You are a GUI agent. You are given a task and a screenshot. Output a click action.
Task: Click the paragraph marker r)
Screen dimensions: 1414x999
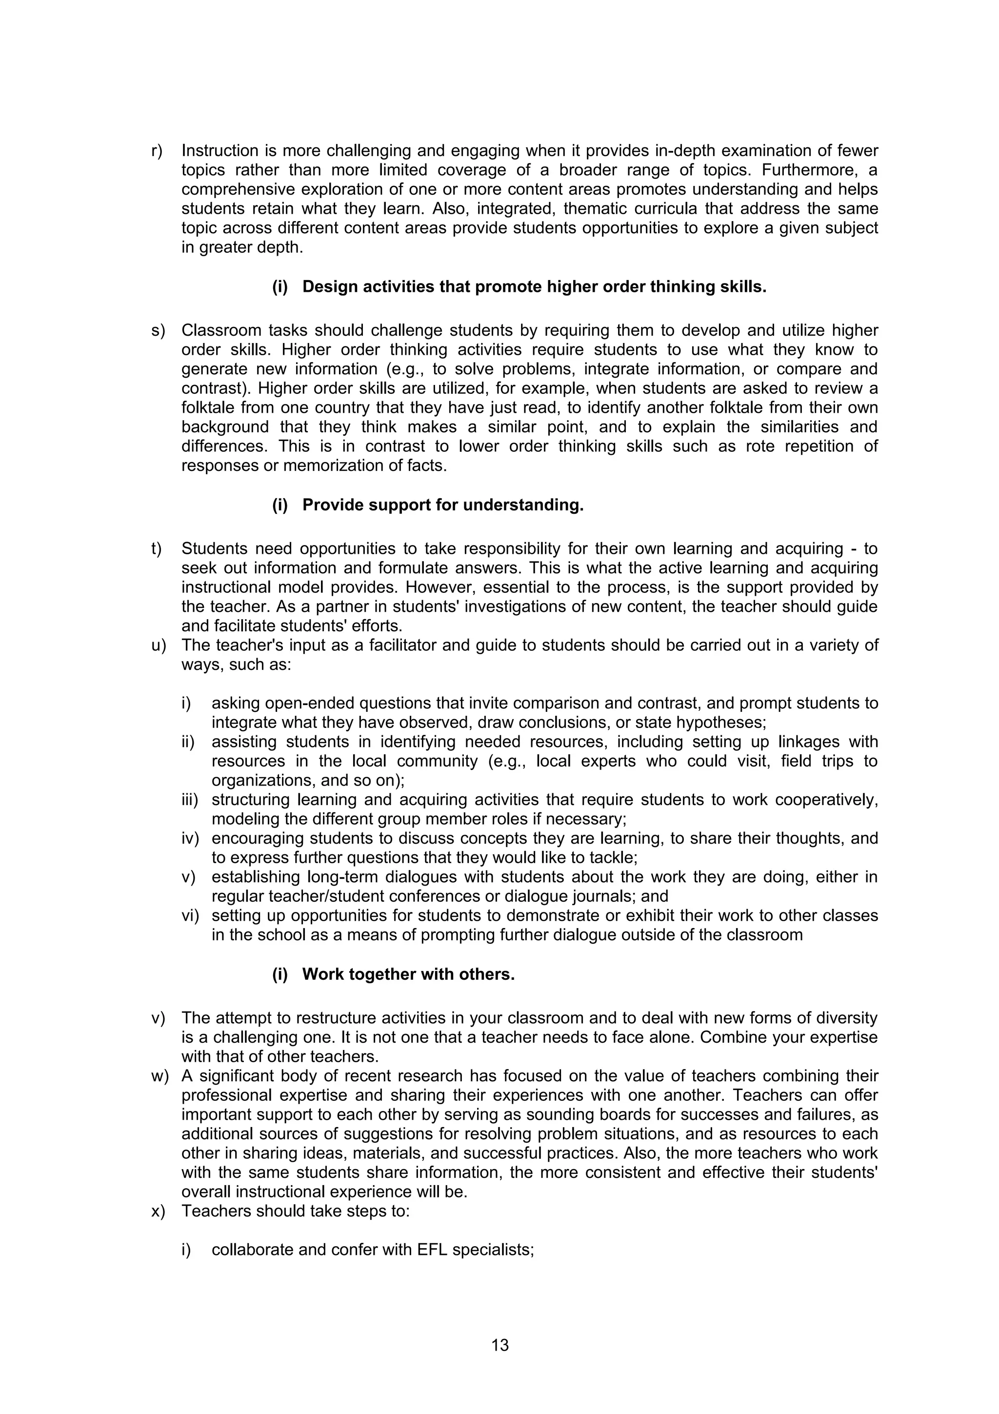pyautogui.click(x=158, y=151)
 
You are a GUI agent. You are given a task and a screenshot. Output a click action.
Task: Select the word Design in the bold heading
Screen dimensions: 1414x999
pyautogui.click(x=330, y=287)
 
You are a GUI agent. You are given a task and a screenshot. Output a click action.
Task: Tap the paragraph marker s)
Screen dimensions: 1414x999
pyautogui.click(x=158, y=331)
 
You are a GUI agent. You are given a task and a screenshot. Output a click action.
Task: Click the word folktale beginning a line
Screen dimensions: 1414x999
pyautogui.click(x=209, y=408)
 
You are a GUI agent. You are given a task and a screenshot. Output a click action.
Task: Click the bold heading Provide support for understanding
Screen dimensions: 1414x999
pyautogui.click(x=442, y=505)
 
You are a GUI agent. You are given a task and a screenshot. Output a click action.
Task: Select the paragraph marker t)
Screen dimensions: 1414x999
pyautogui.click(x=157, y=549)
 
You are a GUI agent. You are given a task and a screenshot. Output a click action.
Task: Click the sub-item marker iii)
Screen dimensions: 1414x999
pyautogui.click(x=190, y=800)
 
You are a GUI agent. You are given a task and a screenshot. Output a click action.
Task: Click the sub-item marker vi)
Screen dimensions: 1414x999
pyautogui.click(x=190, y=916)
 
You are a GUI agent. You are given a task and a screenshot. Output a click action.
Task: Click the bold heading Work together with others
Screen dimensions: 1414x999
pyautogui.click(x=408, y=974)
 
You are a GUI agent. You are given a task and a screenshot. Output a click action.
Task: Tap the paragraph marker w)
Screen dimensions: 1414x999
pyautogui.click(x=160, y=1076)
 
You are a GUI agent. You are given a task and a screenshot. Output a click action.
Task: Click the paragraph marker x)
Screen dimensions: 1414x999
pyautogui.click(x=158, y=1212)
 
